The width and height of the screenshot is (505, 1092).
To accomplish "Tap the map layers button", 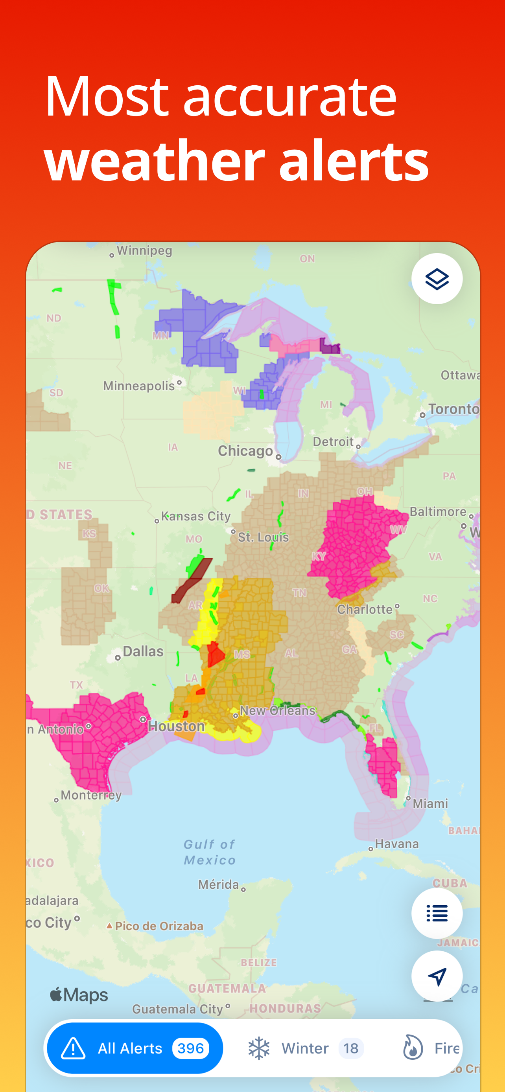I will coord(436,279).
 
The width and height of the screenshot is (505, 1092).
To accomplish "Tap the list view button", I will coord(436,913).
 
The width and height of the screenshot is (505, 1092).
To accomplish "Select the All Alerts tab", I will coord(135,1048).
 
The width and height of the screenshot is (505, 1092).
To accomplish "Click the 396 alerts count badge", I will coord(190,1048).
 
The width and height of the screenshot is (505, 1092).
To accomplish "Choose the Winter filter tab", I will coord(305,1048).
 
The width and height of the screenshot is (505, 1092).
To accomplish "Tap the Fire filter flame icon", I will coord(413,1047).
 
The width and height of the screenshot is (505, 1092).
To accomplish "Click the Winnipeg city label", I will coord(144,250).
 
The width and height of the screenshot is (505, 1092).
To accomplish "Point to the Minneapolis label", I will coord(139,386).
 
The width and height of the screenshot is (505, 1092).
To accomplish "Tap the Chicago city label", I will coord(245,450).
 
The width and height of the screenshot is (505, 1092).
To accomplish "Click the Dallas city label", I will coord(142,651).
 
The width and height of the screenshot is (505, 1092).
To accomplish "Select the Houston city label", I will coord(176,726).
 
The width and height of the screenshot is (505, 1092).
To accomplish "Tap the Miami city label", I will coord(430,803).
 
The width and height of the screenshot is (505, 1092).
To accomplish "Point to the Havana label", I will coord(397,844).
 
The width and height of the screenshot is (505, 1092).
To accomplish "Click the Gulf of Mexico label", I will coord(210,852).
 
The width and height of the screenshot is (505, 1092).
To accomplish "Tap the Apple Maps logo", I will coord(79,995).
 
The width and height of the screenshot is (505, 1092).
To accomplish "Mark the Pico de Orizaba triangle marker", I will coord(109,926).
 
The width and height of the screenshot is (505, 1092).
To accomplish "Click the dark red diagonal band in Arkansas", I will coord(192,580).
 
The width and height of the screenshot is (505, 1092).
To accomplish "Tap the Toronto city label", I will coord(453,409).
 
